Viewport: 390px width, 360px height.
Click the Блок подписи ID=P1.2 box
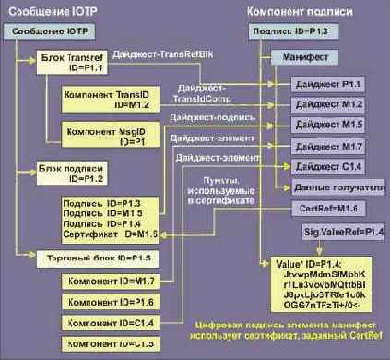click(73, 172)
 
